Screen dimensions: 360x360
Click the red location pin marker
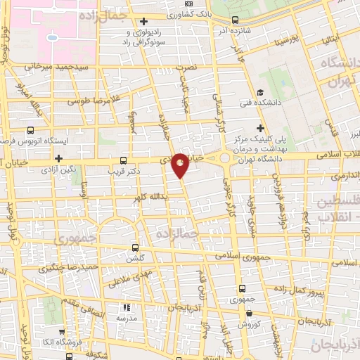[180, 165]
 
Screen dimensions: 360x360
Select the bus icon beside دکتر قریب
[124, 160]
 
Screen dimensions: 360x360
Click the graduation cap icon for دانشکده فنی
[260, 92]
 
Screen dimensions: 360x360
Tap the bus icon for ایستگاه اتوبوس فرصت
[30, 130]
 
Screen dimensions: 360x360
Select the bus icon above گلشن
[136, 247]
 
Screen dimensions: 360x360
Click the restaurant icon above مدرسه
[127, 307]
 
